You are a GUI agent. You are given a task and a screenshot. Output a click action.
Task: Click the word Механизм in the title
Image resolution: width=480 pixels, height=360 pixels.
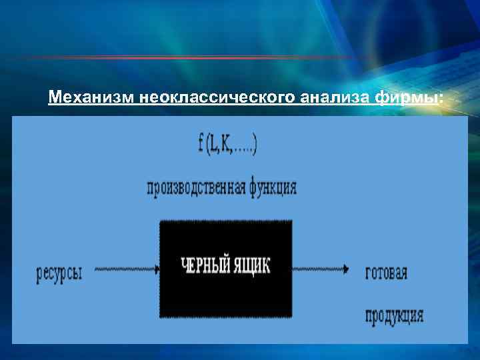point(92,99)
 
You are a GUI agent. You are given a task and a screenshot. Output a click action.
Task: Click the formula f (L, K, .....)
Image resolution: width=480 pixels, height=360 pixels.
point(228,145)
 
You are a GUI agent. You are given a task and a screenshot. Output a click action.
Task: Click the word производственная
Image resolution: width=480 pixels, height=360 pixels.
point(197,189)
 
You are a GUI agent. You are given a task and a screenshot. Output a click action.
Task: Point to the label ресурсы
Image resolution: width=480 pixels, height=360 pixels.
point(59,273)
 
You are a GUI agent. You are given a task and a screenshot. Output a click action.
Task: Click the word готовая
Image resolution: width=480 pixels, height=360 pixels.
point(387,273)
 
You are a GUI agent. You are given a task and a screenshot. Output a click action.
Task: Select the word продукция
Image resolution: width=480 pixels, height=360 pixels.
point(394,315)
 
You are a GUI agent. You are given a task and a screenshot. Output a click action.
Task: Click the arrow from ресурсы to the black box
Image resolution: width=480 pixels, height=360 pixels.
point(127,270)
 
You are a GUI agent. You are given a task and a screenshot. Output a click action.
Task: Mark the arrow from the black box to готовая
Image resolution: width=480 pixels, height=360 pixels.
point(320,270)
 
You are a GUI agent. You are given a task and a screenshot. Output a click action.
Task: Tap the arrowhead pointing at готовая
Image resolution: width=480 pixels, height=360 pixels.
point(346,270)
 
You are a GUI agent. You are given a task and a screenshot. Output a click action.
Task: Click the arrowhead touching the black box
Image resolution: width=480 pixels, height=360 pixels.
point(157,270)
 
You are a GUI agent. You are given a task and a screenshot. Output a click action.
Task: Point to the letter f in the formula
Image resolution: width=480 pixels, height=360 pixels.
point(201,145)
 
